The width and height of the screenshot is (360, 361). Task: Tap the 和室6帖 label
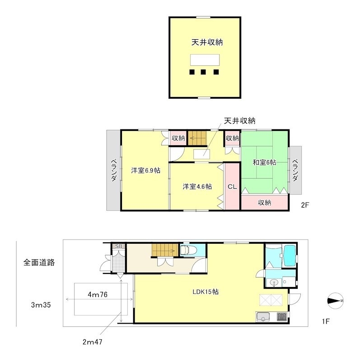264,162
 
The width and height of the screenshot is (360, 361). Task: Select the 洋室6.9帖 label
146,170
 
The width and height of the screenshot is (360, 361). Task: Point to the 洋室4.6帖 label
197,186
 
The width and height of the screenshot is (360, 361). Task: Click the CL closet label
232,186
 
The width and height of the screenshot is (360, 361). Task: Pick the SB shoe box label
119,246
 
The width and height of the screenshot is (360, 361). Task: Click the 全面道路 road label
39,262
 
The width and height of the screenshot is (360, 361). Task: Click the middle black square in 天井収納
204,72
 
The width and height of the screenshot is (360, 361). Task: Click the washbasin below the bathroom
273,283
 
